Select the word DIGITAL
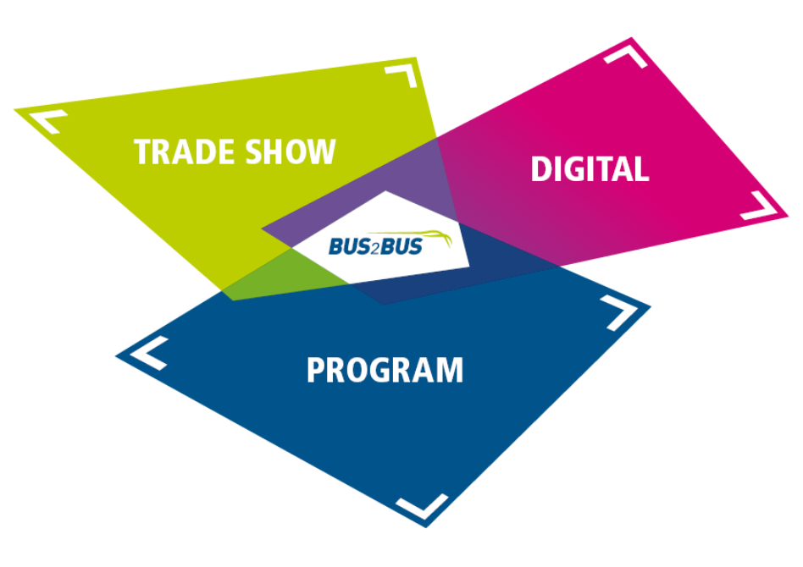pyautogui.click(x=590, y=169)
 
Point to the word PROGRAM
pyautogui.click(x=385, y=371)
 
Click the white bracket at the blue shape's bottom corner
pyautogui.click(x=422, y=506)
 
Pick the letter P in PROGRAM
pyautogui.click(x=316, y=371)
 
